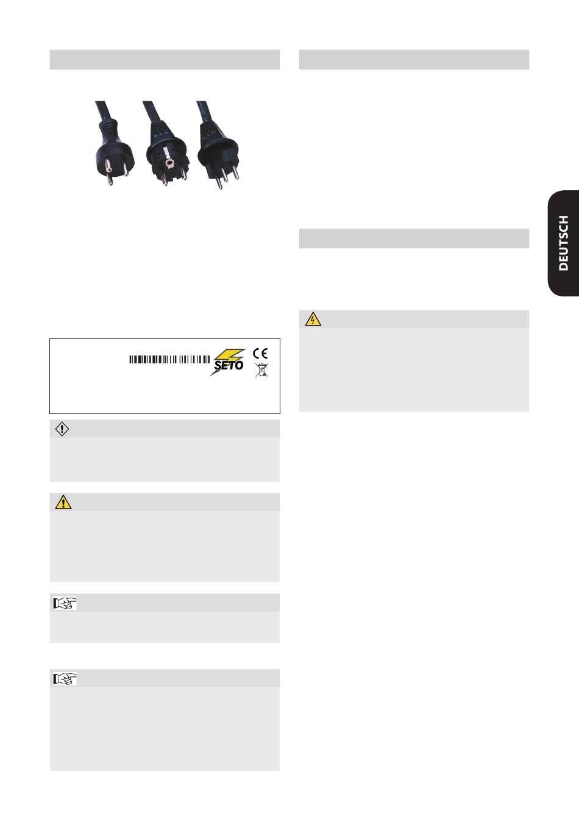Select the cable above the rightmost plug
(x=201, y=110)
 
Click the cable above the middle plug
(x=149, y=110)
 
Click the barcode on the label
(x=170, y=360)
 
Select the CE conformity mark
(x=260, y=352)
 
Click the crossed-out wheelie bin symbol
(x=260, y=370)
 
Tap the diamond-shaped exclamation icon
(x=62, y=429)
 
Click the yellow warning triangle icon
(x=63, y=502)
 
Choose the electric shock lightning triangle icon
(x=313, y=319)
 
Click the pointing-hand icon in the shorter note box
(x=65, y=603)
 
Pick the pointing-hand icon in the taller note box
(x=65, y=678)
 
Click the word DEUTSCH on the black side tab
(x=564, y=243)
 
